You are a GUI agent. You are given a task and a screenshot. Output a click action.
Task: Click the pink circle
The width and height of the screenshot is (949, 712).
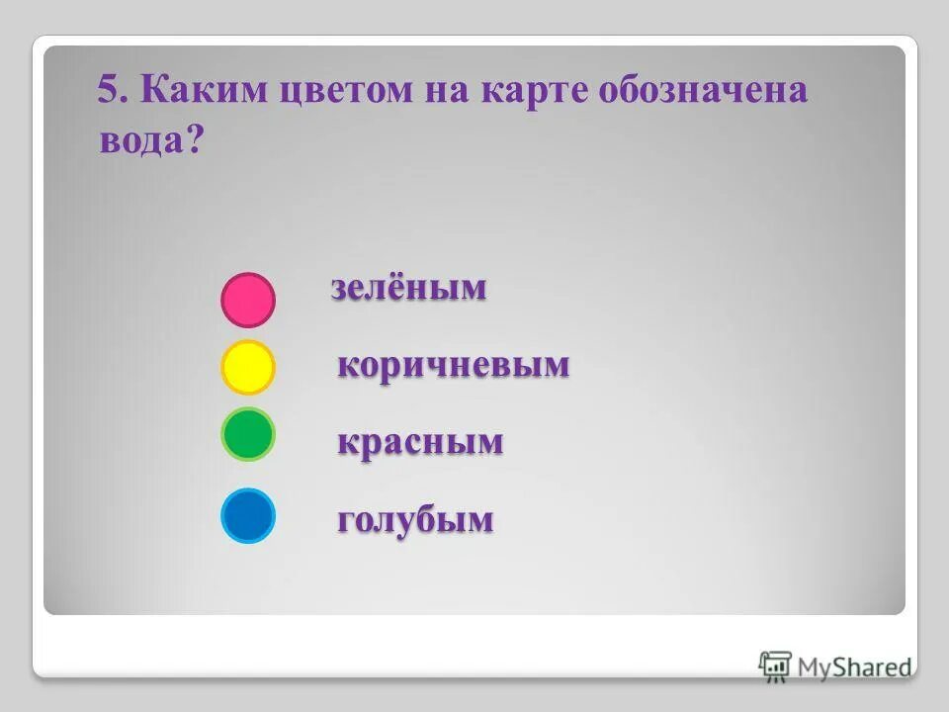[247, 300]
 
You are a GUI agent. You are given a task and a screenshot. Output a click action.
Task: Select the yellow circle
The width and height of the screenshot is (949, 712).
[247, 367]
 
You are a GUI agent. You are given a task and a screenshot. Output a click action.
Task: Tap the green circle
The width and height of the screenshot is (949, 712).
[247, 434]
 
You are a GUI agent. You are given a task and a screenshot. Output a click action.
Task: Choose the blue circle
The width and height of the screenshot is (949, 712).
[247, 516]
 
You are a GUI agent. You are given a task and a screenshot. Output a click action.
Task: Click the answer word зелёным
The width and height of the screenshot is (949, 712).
[408, 288]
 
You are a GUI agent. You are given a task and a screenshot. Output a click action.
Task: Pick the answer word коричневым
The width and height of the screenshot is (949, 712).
[454, 365]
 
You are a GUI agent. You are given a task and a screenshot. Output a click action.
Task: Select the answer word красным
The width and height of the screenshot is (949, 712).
[420, 442]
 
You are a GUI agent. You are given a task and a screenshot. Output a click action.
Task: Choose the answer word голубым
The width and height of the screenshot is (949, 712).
[415, 520]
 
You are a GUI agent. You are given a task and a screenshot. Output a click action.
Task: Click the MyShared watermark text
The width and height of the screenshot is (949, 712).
[854, 667]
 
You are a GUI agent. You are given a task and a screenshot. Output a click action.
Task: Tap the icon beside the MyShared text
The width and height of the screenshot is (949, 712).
[775, 666]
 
